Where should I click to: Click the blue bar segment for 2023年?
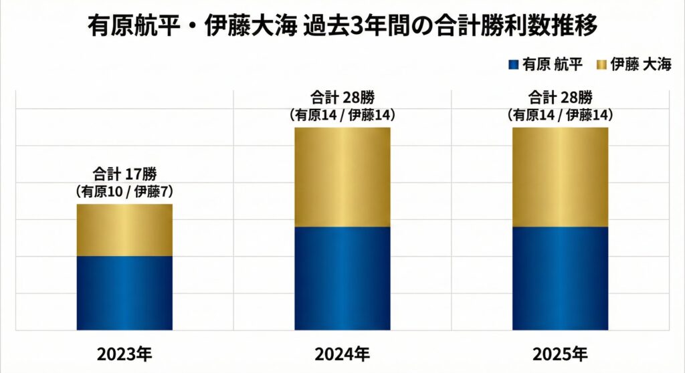click(x=124, y=293)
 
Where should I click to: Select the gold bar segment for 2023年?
click(x=124, y=230)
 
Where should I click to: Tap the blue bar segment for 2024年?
click(x=342, y=278)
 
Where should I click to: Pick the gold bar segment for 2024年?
click(x=342, y=177)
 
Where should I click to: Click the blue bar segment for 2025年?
click(x=560, y=278)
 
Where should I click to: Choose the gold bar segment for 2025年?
click(x=560, y=177)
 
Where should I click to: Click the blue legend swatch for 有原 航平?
click(x=513, y=64)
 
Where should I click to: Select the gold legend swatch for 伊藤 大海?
click(x=600, y=64)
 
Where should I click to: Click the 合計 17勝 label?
click(x=124, y=175)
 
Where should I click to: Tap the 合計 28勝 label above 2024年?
click(x=342, y=98)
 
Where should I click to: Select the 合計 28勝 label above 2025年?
click(x=560, y=98)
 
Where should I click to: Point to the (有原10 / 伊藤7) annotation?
click(x=124, y=192)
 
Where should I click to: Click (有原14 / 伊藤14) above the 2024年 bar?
click(x=342, y=114)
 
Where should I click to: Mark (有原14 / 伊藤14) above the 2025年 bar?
click(x=560, y=114)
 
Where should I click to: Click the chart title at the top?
click(x=342, y=27)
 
